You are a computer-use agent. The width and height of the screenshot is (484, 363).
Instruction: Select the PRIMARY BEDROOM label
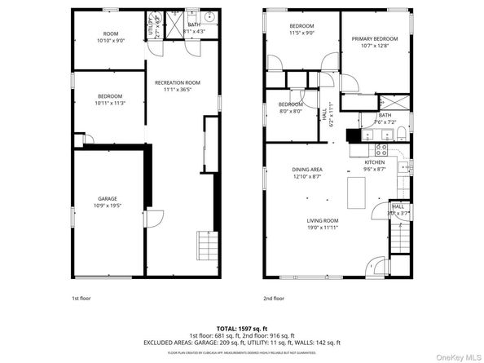[x=375, y=38]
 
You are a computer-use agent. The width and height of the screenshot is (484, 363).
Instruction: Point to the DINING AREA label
[x=308, y=170]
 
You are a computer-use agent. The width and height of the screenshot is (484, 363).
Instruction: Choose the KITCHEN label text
[x=374, y=162]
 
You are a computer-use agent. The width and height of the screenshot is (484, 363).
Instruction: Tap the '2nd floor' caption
[x=274, y=299]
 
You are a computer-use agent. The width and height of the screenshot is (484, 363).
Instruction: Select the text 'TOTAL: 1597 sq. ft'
[x=241, y=327]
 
